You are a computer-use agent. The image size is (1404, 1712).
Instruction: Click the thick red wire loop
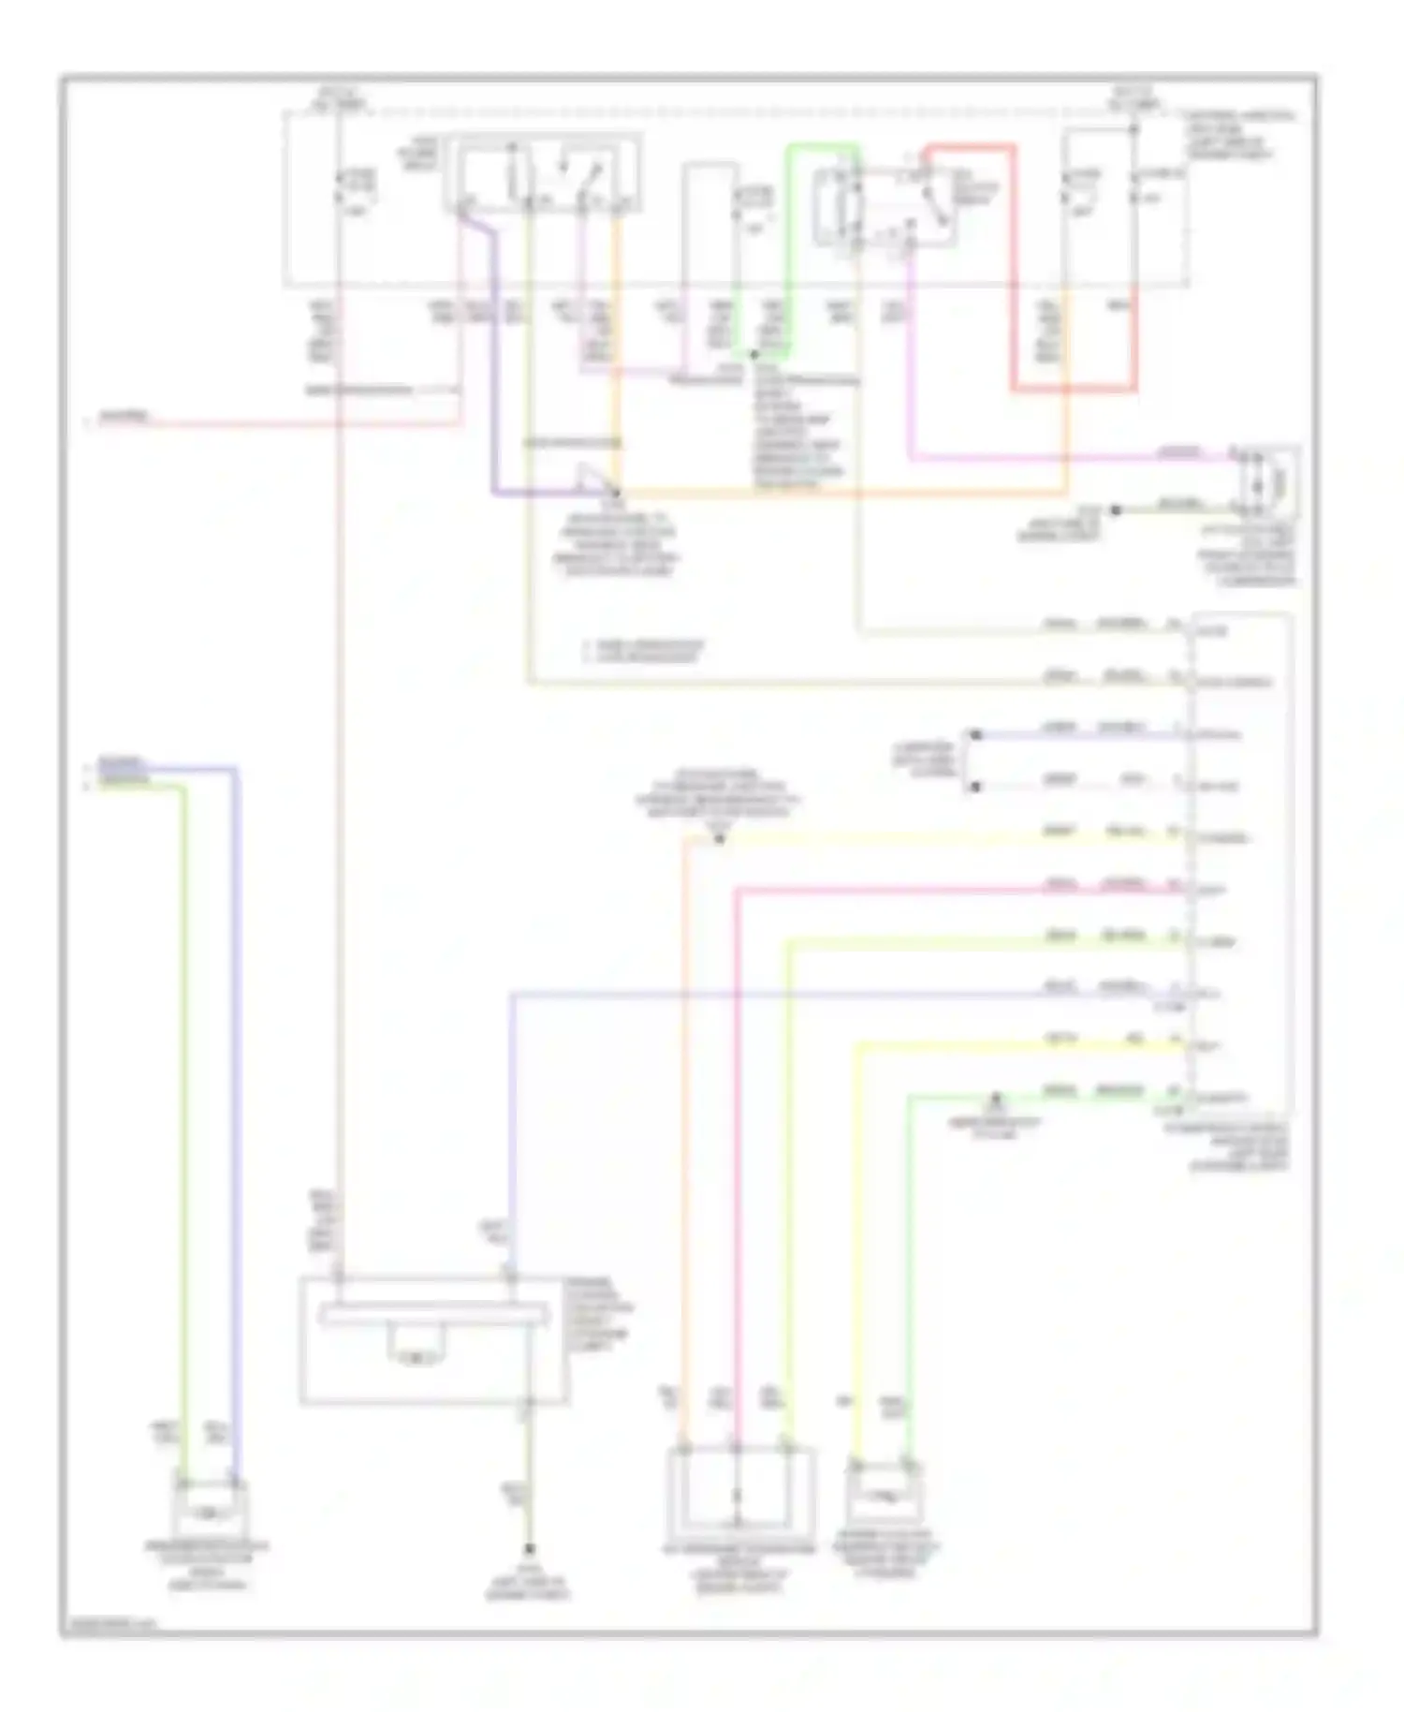click(x=1014, y=281)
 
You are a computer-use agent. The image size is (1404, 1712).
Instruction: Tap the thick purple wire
click(x=493, y=375)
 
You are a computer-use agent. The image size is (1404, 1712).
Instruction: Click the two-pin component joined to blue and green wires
click(x=209, y=1509)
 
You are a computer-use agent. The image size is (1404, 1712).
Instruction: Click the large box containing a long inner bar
click(x=433, y=1339)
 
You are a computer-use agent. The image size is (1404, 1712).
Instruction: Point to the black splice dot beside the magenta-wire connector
click(x=1115, y=510)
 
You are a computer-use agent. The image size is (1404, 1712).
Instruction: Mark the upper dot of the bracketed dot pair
click(x=974, y=735)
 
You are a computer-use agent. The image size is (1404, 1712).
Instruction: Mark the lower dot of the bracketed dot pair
click(x=974, y=787)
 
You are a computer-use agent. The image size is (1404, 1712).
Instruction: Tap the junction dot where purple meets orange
click(x=616, y=492)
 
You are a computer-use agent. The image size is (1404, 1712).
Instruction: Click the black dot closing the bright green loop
click(x=753, y=355)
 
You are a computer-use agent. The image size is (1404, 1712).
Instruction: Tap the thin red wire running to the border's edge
click(x=281, y=423)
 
